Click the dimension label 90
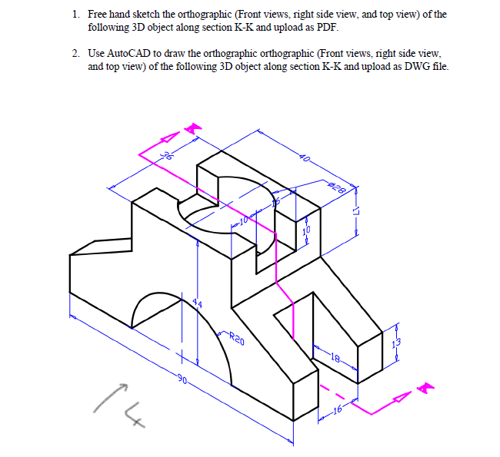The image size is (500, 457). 182,378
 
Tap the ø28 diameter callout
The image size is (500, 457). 338,186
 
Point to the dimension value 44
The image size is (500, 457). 198,305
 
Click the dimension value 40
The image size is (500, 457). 306,159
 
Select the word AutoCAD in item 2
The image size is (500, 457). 125,54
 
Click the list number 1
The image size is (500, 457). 75,14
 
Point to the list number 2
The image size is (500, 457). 75,54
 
